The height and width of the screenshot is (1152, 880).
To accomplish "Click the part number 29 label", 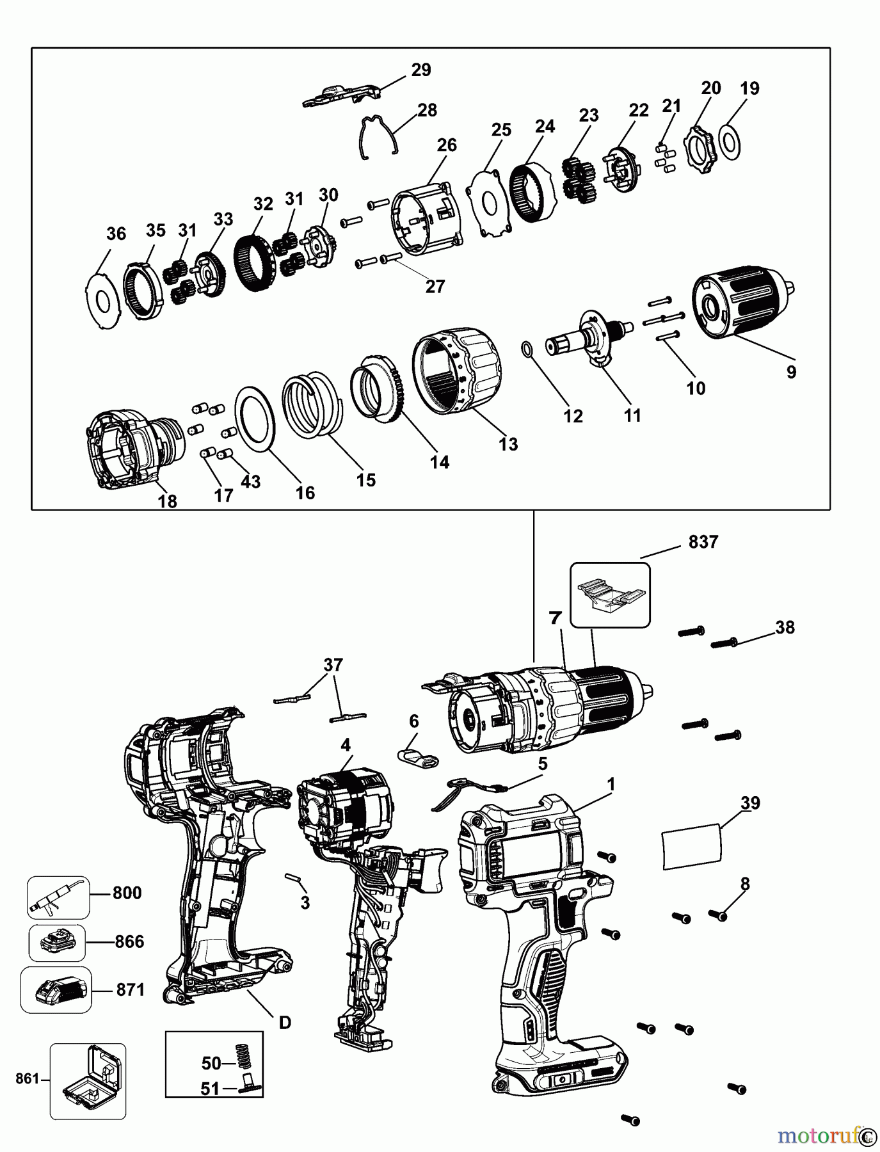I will point(421,70).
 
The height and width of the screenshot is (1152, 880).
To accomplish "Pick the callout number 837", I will point(703,542).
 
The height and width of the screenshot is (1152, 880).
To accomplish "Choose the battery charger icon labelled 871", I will point(56,989).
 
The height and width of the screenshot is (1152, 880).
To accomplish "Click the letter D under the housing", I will point(285,1022).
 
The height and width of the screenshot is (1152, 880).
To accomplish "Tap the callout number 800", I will point(127,893).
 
